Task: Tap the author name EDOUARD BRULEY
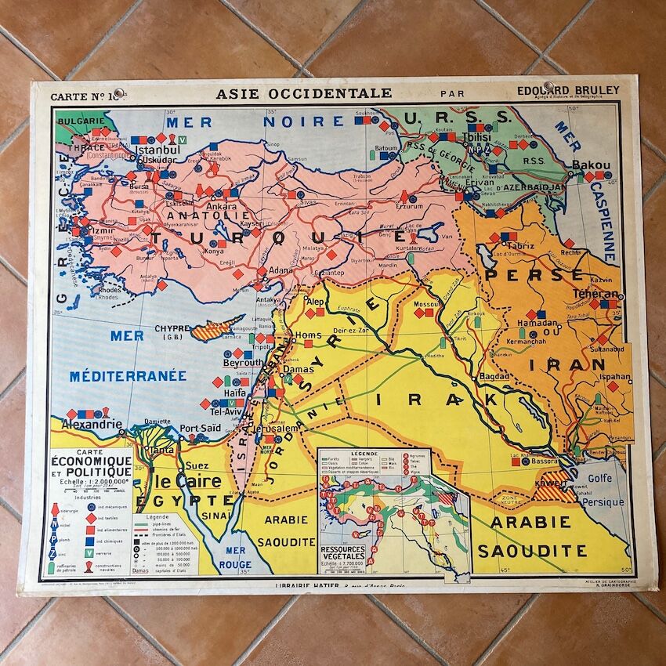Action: click(x=568, y=91)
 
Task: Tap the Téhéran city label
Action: click(x=595, y=294)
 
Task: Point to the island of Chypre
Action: click(x=218, y=327)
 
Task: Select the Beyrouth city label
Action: click(x=242, y=364)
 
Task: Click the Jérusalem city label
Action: click(x=274, y=429)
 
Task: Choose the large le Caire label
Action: click(x=184, y=481)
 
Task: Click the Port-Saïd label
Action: click(x=201, y=428)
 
